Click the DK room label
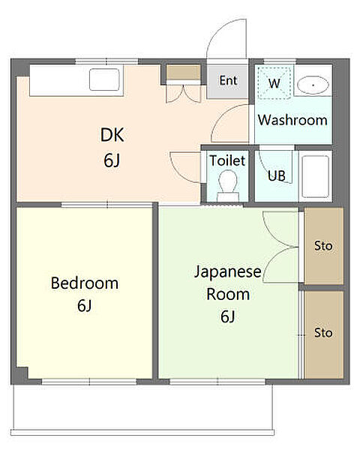(x=112, y=135)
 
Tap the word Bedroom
(x=84, y=283)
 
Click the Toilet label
(x=226, y=160)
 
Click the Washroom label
(x=292, y=120)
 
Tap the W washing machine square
(x=274, y=83)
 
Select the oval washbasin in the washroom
(x=312, y=85)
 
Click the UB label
(x=277, y=177)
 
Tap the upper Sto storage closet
(x=323, y=246)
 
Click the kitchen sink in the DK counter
(x=103, y=79)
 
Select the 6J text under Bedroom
(x=84, y=306)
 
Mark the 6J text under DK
(x=112, y=160)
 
